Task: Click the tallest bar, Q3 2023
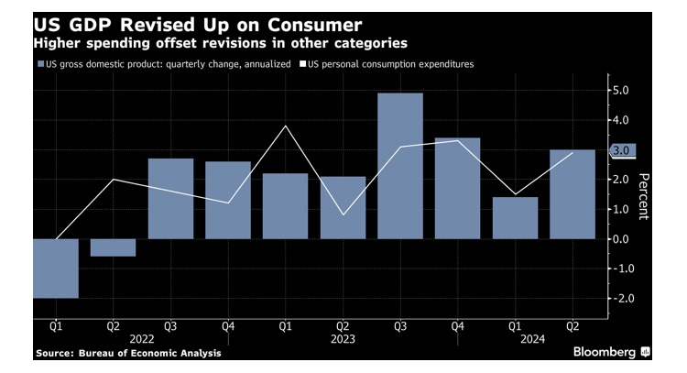click(399, 166)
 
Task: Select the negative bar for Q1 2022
click(55, 269)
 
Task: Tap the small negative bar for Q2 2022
click(113, 247)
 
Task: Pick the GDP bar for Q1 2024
click(515, 218)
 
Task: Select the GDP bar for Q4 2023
click(457, 189)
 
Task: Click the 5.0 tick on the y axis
click(619, 91)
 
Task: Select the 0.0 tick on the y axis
click(619, 239)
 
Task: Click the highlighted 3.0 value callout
click(623, 150)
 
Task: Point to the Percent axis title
click(644, 195)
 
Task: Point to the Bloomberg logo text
click(605, 352)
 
